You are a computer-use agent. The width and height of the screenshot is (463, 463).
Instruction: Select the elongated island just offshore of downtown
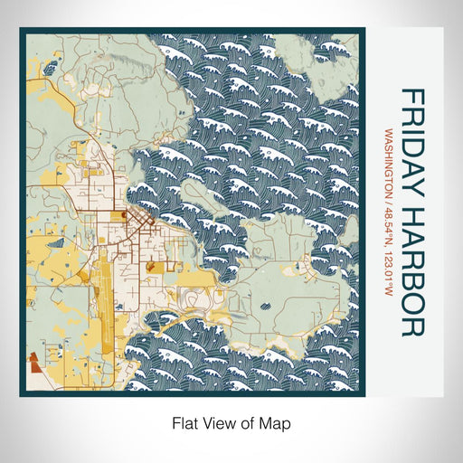click(x=204, y=194)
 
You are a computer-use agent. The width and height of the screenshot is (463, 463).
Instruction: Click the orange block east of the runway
click(x=150, y=269)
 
